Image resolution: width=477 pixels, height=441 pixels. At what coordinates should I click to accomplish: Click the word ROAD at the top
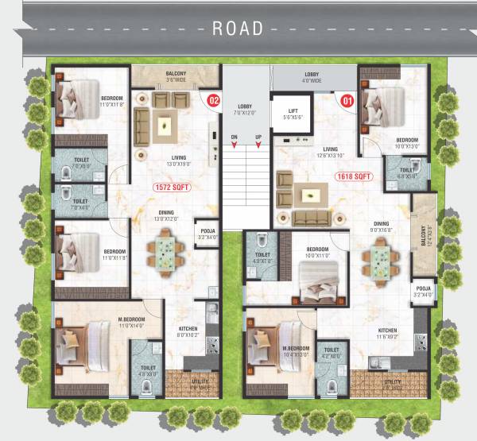tap(238, 29)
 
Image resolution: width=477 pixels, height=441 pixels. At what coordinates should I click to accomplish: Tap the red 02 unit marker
tap(213, 101)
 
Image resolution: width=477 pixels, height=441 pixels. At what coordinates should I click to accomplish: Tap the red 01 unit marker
tap(347, 101)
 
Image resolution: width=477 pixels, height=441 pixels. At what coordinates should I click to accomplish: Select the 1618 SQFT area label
tap(354, 176)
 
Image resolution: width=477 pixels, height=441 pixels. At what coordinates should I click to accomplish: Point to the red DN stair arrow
tap(235, 144)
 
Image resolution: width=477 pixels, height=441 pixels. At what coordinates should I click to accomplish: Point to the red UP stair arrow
tap(258, 144)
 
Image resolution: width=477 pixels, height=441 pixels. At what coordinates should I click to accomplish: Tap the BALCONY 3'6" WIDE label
tap(176, 77)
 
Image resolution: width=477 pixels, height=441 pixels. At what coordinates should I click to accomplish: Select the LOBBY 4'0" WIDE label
tap(312, 77)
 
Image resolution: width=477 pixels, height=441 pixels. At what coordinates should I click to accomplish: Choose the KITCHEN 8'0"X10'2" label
tap(188, 331)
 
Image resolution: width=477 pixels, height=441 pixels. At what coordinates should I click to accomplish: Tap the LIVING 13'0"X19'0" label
tap(178, 161)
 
